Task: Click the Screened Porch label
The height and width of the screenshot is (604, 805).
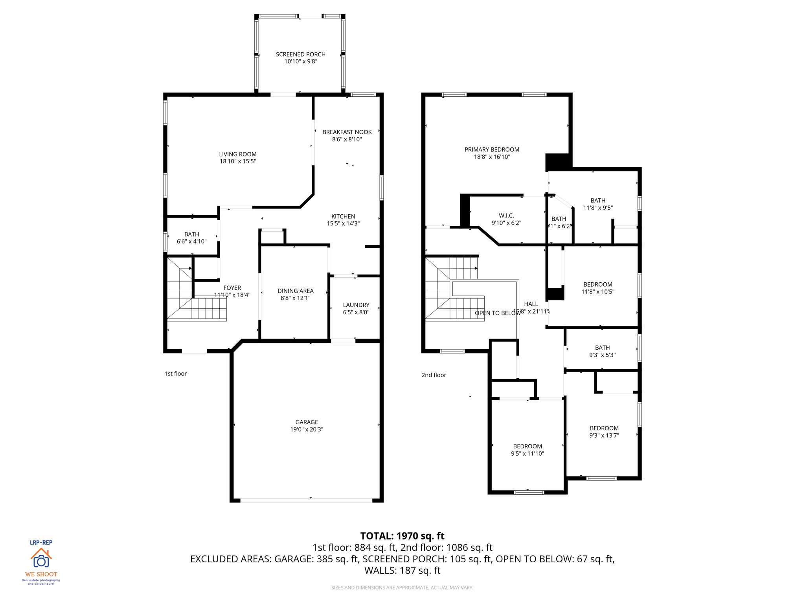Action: (x=300, y=54)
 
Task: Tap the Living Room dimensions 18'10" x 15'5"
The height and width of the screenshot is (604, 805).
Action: (x=237, y=161)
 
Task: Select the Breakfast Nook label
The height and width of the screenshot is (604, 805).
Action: (x=347, y=132)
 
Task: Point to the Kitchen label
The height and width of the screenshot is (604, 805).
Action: (x=343, y=216)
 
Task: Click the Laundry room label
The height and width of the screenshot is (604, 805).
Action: (x=356, y=305)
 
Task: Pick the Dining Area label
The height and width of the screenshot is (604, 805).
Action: (x=295, y=291)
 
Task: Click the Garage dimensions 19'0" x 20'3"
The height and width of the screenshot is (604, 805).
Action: (x=307, y=429)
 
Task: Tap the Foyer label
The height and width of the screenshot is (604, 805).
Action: (x=232, y=288)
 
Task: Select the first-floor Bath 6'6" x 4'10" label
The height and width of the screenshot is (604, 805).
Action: (x=191, y=234)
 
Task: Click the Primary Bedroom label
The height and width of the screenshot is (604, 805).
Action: (x=492, y=149)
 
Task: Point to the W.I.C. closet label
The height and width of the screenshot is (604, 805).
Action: (x=506, y=215)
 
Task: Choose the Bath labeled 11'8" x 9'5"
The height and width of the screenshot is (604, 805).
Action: (x=598, y=201)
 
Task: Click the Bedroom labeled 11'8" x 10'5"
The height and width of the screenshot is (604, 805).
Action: (x=597, y=284)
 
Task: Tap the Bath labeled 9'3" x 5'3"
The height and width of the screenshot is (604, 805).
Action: (x=602, y=348)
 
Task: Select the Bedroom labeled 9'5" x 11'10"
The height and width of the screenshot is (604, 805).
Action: (x=527, y=446)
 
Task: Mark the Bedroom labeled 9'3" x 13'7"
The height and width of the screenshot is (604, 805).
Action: (x=604, y=428)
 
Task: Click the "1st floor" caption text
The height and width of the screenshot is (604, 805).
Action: (x=175, y=374)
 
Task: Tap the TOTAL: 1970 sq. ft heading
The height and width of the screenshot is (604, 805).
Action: (x=402, y=536)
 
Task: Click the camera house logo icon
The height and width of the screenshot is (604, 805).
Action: (x=41, y=558)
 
